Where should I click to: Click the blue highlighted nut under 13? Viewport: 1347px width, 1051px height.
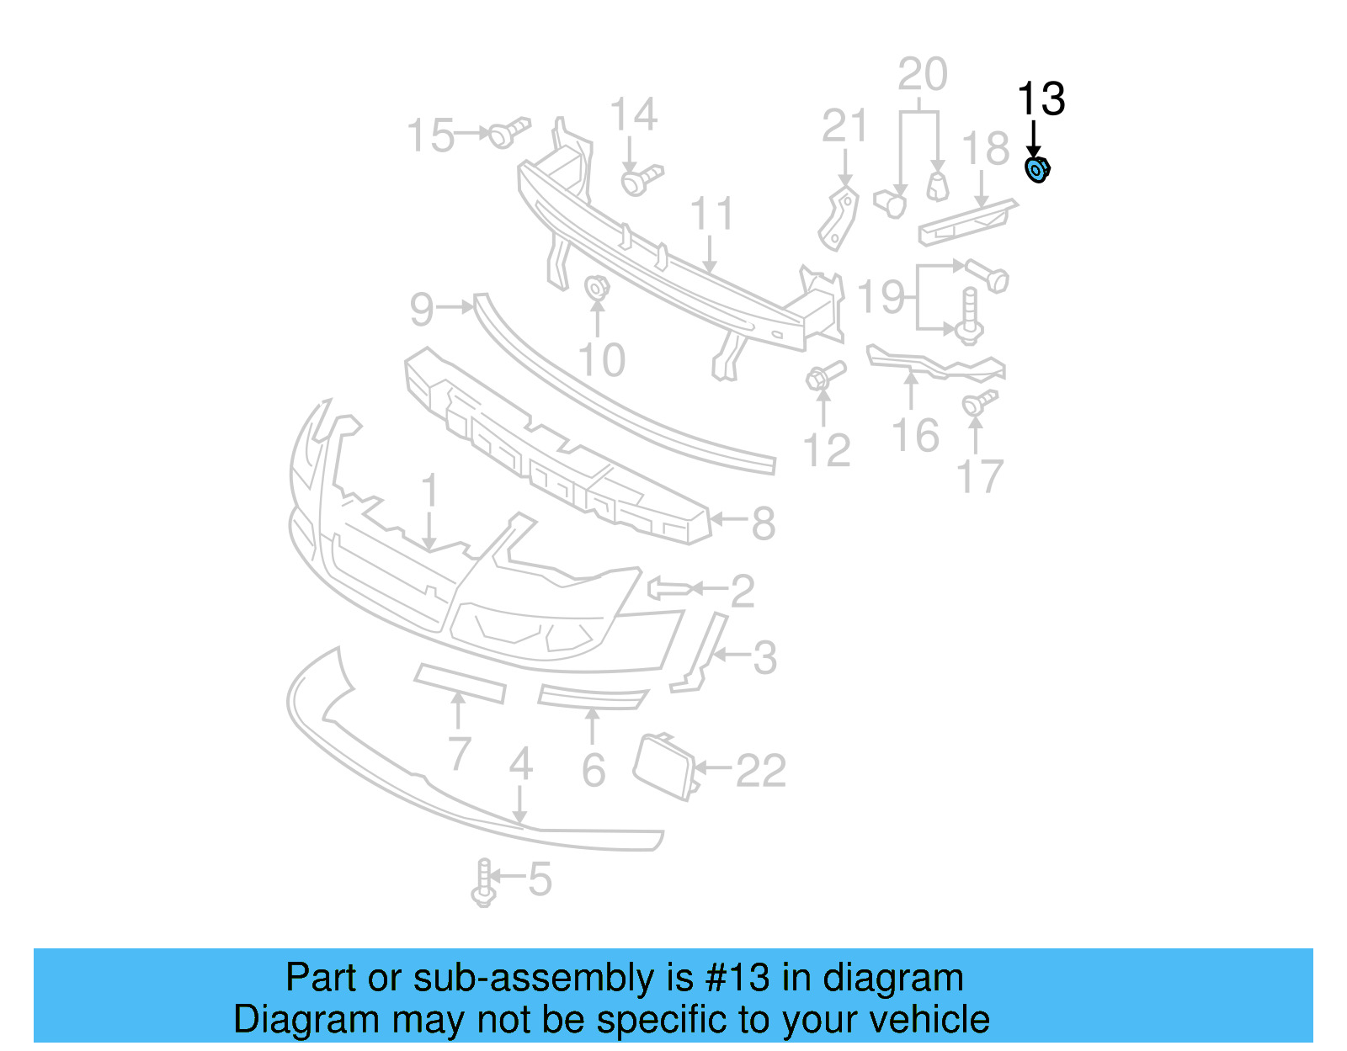1037,170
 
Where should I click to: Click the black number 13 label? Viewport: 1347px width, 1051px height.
1041,99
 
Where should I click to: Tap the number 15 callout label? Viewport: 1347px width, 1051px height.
430,135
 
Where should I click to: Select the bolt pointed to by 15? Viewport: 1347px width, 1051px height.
508,132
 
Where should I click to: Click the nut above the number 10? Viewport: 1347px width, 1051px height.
597,287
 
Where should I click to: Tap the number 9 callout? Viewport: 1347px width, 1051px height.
422,309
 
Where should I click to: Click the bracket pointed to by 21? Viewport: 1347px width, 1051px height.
839,219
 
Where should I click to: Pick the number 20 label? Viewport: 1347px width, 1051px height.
923,74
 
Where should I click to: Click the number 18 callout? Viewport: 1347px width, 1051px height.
986,149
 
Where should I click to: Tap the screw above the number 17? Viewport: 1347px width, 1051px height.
979,402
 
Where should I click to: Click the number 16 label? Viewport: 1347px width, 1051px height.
915,436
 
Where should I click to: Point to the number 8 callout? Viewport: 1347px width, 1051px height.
763,523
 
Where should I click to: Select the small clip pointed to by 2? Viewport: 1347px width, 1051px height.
668,587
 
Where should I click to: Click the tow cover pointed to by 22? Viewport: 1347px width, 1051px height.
664,765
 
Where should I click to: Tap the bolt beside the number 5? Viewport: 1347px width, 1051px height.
483,882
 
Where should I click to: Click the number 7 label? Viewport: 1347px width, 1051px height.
460,753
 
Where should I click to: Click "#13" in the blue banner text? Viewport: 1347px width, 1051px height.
737,978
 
